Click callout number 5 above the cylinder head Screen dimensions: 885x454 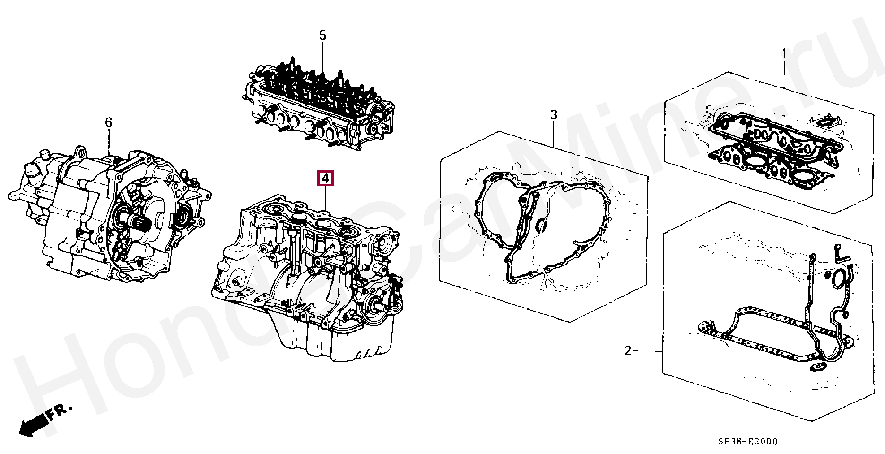(322, 35)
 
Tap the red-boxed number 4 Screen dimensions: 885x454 (325, 178)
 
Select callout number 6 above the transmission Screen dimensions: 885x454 (109, 122)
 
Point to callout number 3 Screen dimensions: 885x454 (554, 114)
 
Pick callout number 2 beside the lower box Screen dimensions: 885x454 (628, 351)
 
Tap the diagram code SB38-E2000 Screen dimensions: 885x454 (748, 441)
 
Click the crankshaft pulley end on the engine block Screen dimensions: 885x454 (377, 305)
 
